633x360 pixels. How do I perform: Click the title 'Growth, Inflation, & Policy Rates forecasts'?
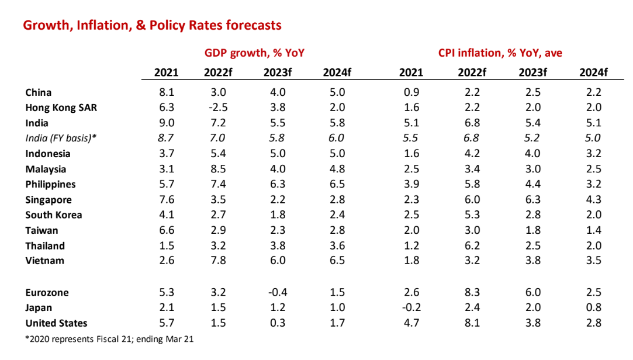[x=152, y=25]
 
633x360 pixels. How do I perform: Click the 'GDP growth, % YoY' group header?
[x=254, y=53]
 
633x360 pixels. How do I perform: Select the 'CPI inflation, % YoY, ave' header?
[x=500, y=53]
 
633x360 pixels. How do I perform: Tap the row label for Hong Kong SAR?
[x=61, y=108]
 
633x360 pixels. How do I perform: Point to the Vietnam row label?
[x=44, y=261]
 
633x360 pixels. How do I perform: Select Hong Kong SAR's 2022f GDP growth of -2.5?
[x=219, y=108]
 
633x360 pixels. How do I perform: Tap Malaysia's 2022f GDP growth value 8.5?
[x=219, y=169]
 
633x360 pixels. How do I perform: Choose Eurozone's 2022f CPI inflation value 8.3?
[x=472, y=292]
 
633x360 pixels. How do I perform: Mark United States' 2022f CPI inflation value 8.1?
[x=472, y=323]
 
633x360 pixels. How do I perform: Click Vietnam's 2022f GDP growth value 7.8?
[x=219, y=261]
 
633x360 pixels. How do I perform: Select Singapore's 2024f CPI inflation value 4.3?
[x=593, y=199]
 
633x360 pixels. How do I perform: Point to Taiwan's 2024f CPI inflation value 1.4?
[x=593, y=230]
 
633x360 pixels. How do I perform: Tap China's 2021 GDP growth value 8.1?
[x=166, y=92]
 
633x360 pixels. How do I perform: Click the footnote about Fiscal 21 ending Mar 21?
[x=109, y=340]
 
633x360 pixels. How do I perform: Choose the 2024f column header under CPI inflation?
[x=593, y=72]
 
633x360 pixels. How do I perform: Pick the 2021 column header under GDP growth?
[x=166, y=72]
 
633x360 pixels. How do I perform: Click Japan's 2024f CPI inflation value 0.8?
[x=593, y=307]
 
